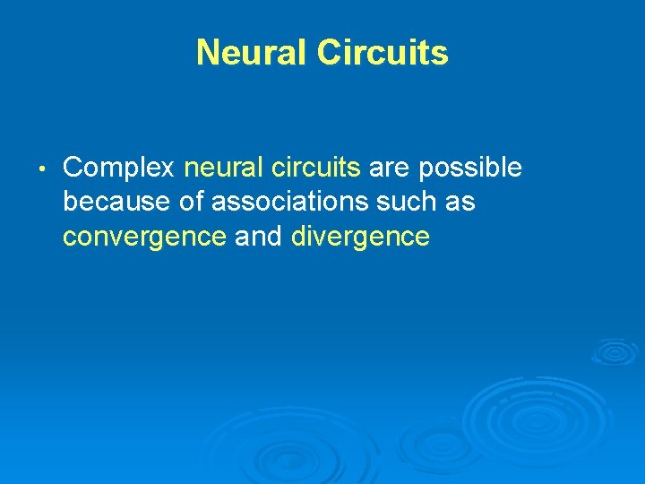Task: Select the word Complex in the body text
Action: click(119, 168)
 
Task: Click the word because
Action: click(117, 203)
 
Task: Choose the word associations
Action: click(292, 203)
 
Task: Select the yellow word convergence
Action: click(144, 238)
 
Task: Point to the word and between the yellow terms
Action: click(259, 238)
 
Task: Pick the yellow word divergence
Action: click(360, 238)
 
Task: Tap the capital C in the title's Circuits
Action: click(331, 52)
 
